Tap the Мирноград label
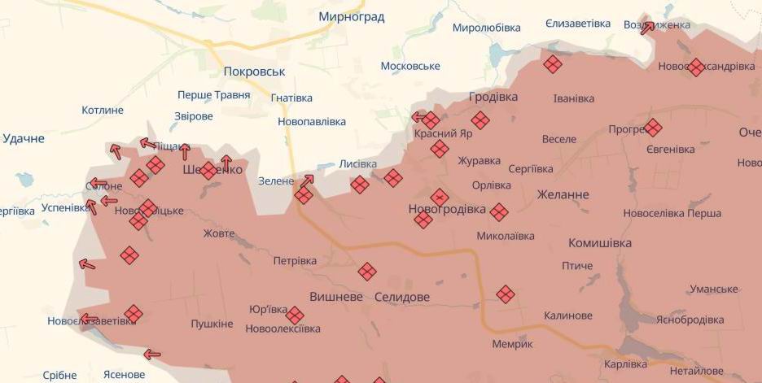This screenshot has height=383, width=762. pyautogui.click(x=351, y=17)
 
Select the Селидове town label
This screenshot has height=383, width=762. pyautogui.click(x=401, y=297)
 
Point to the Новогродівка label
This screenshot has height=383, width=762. pyautogui.click(x=447, y=210)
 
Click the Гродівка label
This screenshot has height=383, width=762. pyautogui.click(x=493, y=97)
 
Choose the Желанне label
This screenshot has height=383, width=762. pyautogui.click(x=563, y=195)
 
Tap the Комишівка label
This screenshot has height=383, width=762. pyautogui.click(x=600, y=243)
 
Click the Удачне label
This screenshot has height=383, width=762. pyautogui.click(x=24, y=138)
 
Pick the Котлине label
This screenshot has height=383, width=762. pyautogui.click(x=103, y=110)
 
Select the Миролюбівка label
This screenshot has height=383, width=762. pyautogui.click(x=486, y=28)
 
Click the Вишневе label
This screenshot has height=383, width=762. pyautogui.click(x=336, y=297)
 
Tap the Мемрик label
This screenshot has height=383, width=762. pyautogui.click(x=513, y=344)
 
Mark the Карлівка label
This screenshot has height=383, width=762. pyautogui.click(x=626, y=363)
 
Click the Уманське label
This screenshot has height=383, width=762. pyautogui.click(x=713, y=289)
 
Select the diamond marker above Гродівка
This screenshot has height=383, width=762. pyautogui.click(x=554, y=64)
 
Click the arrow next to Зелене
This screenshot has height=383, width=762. pyautogui.click(x=307, y=181)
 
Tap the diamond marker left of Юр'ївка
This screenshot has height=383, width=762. pyautogui.click(x=134, y=313)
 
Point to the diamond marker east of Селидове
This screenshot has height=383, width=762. pyautogui.click(x=506, y=294)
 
